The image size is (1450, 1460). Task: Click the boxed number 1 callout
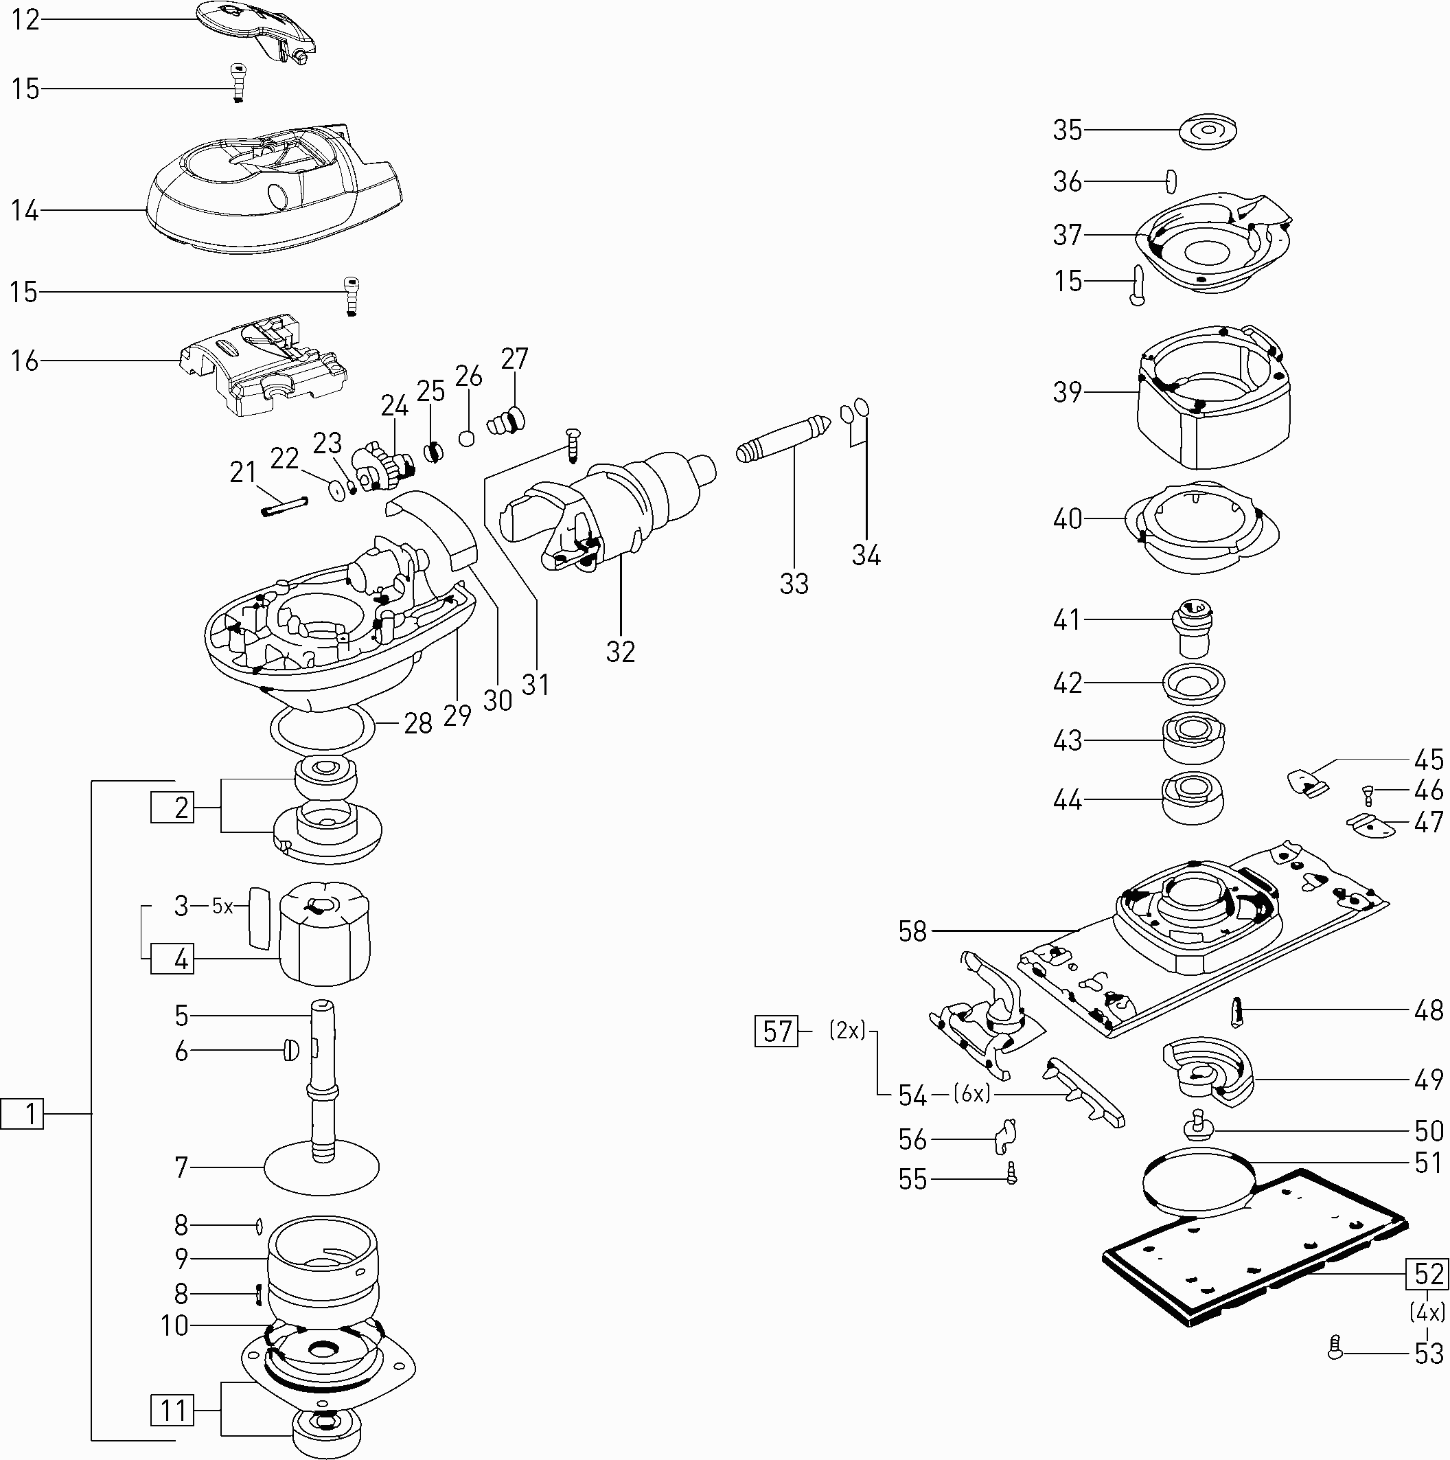23,1114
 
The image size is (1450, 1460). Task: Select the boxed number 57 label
776,1031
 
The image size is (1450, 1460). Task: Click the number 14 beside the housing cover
24,210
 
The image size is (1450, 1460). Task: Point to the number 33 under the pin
794,584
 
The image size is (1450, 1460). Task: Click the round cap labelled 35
1208,130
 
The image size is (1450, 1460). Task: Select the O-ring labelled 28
323,729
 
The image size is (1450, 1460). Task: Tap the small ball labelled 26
468,438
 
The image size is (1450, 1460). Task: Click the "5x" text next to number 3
222,906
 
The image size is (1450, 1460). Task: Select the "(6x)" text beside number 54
971,1093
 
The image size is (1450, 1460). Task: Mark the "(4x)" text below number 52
1427,1311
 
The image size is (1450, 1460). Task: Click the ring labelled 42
1193,684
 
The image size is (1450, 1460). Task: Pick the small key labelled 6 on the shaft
290,1051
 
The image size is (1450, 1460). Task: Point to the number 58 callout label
912,931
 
